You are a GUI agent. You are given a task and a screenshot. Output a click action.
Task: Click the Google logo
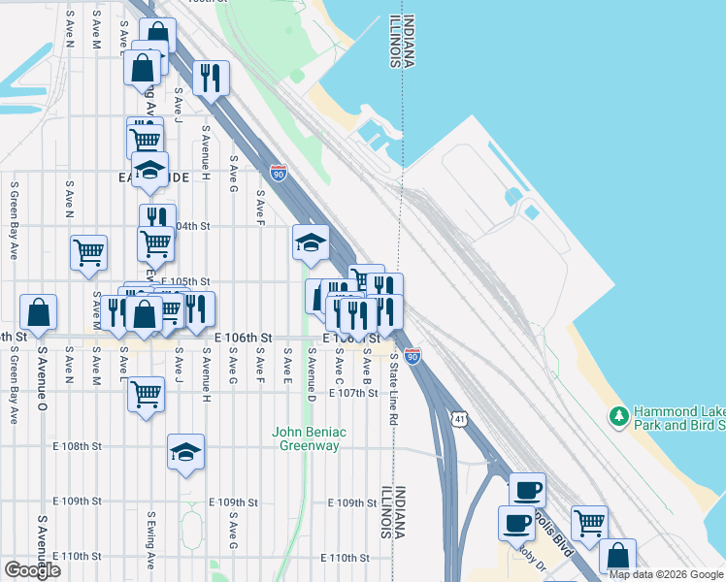click(x=32, y=570)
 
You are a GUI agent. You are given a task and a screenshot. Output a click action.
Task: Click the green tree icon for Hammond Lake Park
click(x=618, y=417)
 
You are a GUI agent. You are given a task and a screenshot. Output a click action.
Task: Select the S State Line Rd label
click(x=394, y=376)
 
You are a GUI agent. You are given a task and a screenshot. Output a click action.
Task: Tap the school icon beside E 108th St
click(x=185, y=452)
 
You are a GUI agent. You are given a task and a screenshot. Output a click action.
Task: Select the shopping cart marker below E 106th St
click(x=146, y=394)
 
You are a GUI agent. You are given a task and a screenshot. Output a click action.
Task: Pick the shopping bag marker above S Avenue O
click(x=38, y=312)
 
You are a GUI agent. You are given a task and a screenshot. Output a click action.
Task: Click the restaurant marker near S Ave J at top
click(x=211, y=77)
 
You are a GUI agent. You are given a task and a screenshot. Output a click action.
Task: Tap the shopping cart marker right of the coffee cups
click(x=589, y=523)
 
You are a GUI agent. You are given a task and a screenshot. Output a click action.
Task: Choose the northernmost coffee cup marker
click(x=527, y=490)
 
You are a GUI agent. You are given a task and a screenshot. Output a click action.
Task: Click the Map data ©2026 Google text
click(x=666, y=574)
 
